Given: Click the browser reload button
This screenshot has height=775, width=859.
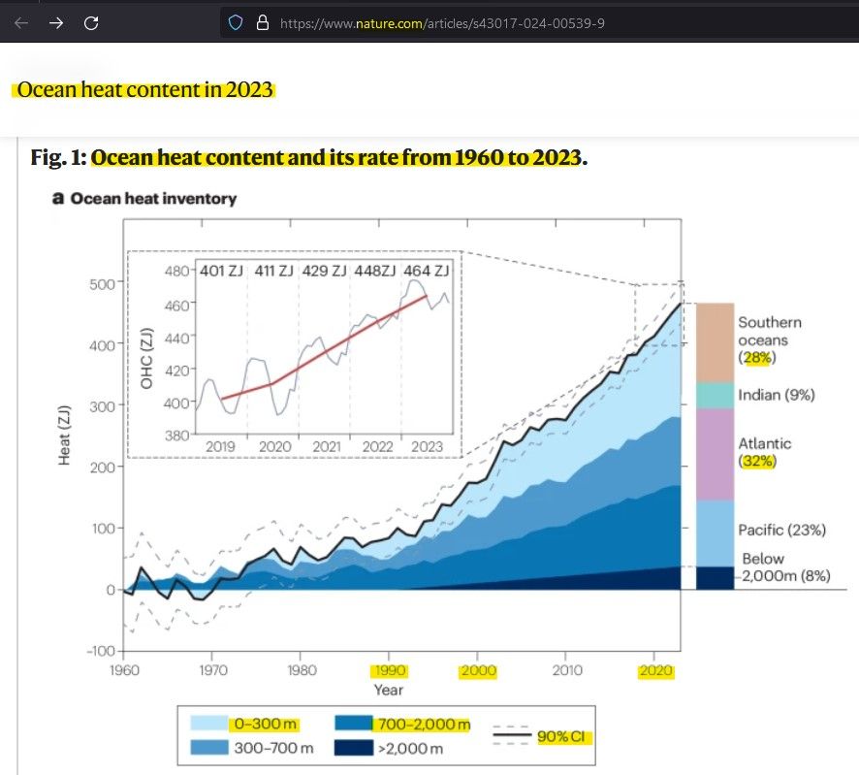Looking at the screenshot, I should [x=91, y=23].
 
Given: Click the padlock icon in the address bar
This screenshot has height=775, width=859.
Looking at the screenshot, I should [x=259, y=23].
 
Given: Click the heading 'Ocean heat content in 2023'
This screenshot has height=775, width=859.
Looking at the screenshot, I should [x=144, y=90].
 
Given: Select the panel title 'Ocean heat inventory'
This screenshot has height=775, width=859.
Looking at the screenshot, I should [x=153, y=198].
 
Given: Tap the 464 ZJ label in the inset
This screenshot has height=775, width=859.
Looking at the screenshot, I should [x=428, y=271].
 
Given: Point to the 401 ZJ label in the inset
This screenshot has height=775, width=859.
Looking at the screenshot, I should [x=221, y=271].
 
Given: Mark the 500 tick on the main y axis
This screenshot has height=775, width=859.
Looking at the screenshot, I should [x=103, y=283].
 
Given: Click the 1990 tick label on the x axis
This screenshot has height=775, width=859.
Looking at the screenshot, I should [x=390, y=670].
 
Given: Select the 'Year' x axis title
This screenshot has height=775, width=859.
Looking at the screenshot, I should [x=390, y=690].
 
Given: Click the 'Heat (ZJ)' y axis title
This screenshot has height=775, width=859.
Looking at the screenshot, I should [x=65, y=436].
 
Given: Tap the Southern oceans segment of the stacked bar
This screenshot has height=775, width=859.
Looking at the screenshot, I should [x=715, y=342].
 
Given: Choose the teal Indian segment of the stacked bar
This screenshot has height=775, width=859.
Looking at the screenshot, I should [x=715, y=395].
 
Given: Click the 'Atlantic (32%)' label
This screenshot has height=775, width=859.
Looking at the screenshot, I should [x=765, y=452].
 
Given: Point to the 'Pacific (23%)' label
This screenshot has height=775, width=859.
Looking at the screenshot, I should [x=781, y=530].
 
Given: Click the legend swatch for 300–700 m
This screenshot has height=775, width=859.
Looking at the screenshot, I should [x=208, y=748].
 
